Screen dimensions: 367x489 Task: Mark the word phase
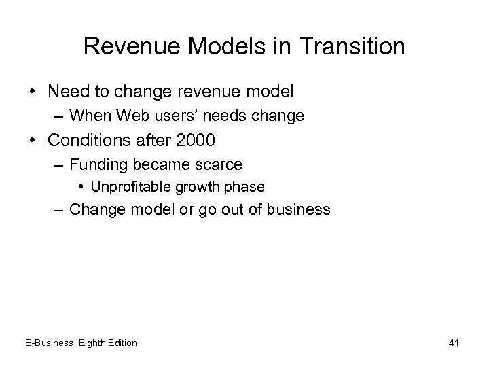[246, 187]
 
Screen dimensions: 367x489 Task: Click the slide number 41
[454, 343]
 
